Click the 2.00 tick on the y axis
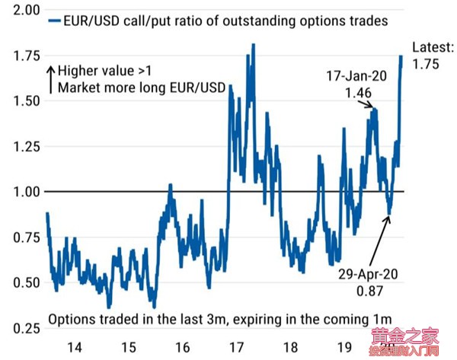click(23, 11)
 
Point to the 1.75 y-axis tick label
click(23, 55)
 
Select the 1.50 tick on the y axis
click(23, 100)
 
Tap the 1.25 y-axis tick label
click(23, 146)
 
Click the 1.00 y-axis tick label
click(23, 191)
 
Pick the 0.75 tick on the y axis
click(23, 237)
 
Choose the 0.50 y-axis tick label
click(23, 282)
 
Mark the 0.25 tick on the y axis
click(23, 328)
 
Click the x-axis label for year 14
click(74, 346)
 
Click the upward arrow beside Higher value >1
click(50, 78)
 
